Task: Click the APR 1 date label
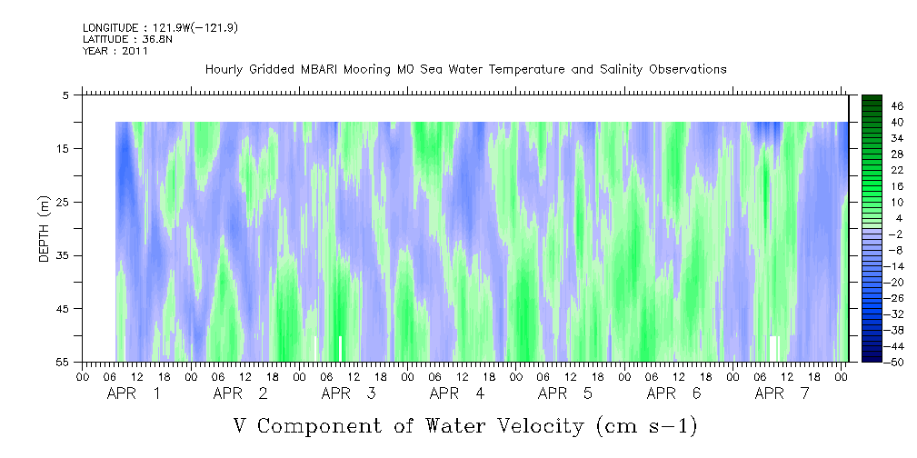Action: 134,393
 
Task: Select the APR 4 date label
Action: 457,393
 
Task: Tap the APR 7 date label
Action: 782,393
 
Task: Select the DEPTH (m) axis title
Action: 45,229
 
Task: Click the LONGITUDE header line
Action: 160,27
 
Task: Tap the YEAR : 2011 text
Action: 115,51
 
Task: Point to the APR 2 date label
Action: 240,393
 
